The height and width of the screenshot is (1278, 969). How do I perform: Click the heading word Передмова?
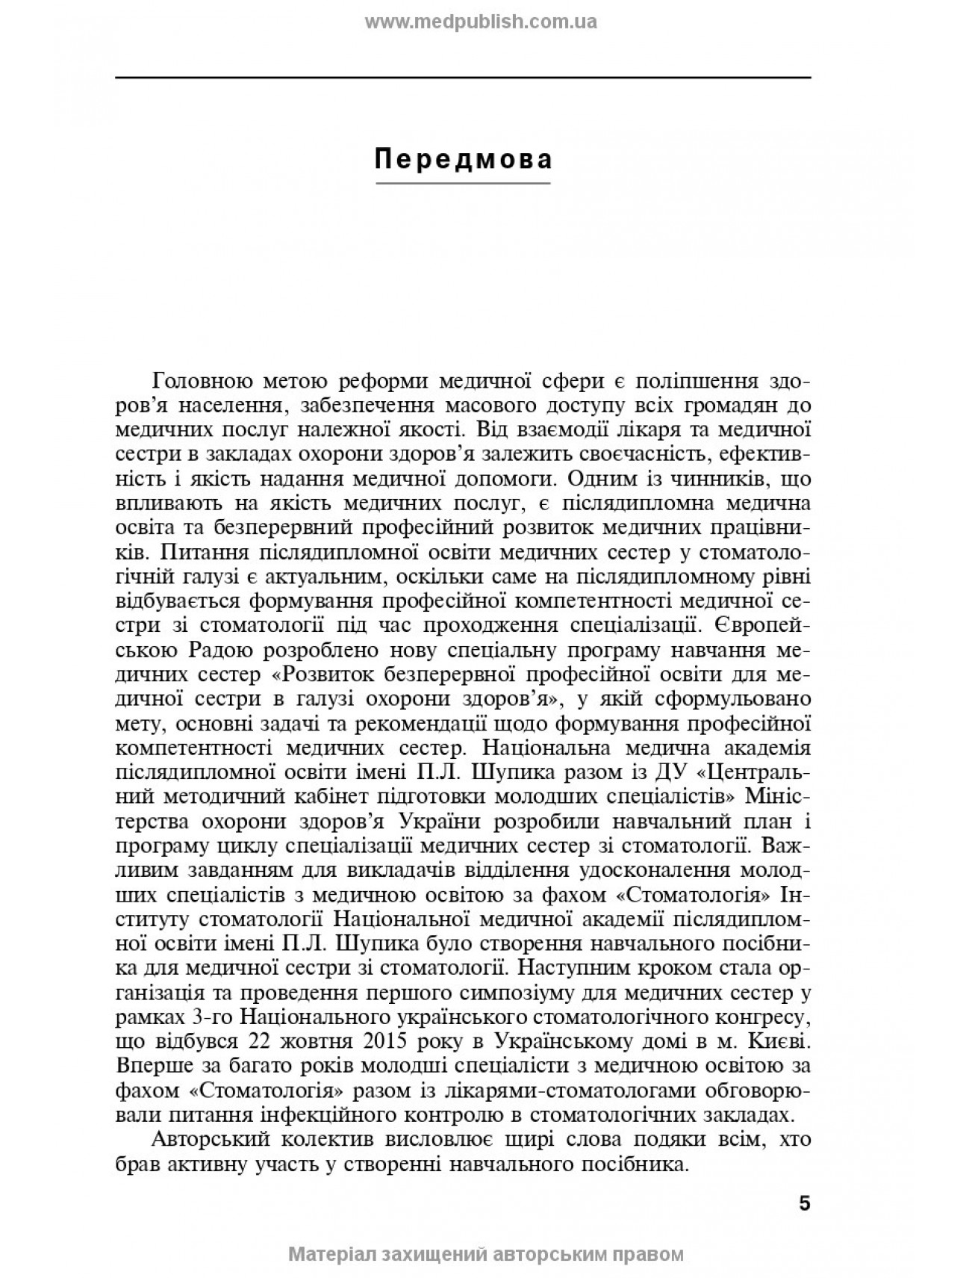tap(463, 160)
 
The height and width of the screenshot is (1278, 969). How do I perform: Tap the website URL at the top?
tap(481, 22)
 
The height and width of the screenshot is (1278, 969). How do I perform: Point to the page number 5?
tap(804, 1203)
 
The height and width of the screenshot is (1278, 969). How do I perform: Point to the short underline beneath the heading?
tap(463, 184)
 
